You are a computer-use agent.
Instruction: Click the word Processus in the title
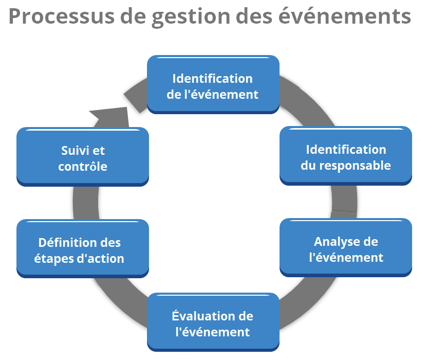tap(62, 16)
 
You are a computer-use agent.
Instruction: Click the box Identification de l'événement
tap(213, 84)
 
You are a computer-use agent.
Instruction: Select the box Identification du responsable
tap(346, 156)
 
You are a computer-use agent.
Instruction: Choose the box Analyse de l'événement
tap(346, 247)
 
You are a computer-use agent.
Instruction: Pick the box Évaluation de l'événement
tap(213, 322)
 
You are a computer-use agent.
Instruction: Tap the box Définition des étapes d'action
tap(83, 248)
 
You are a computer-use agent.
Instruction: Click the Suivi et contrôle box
tap(83, 157)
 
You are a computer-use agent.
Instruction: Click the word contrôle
tap(83, 166)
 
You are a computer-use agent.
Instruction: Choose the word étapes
tap(53, 258)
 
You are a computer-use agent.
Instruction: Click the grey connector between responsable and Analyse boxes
tap(344, 202)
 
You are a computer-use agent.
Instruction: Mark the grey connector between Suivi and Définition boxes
tap(86, 203)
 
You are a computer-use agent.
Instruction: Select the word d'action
tap(101, 258)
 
